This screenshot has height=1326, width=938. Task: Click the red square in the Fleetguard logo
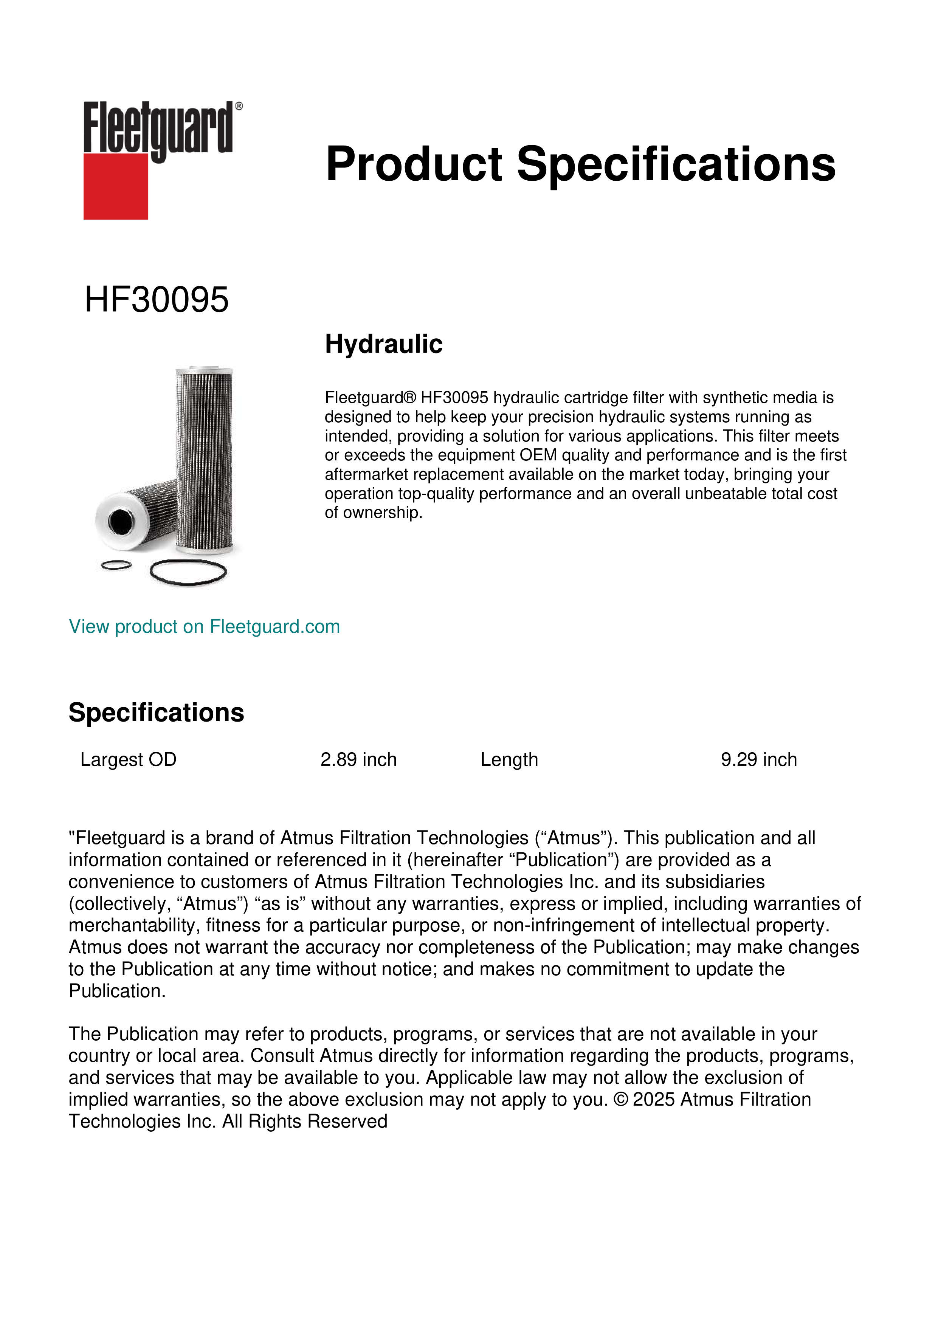pyautogui.click(x=116, y=186)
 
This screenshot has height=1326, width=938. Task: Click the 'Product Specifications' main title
pyautogui.click(x=580, y=164)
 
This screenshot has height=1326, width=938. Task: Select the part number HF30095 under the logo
pyautogui.click(x=157, y=300)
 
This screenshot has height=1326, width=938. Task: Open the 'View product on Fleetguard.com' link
pyautogui.click(x=204, y=627)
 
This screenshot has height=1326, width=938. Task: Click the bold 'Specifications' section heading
pyautogui.click(x=156, y=713)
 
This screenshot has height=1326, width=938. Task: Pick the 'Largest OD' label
pyautogui.click(x=128, y=759)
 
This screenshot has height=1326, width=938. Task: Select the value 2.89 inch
pyautogui.click(x=358, y=759)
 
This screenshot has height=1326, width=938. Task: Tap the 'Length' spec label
pyautogui.click(x=509, y=759)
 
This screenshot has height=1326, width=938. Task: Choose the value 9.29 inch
pyautogui.click(x=758, y=759)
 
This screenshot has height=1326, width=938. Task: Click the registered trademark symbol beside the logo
pyautogui.click(x=239, y=106)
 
